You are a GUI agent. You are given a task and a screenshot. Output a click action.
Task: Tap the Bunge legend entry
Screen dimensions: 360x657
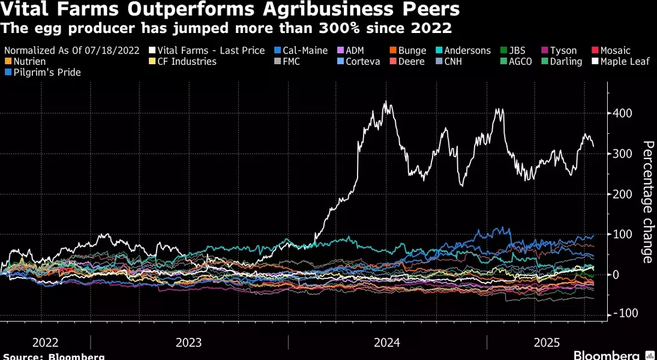click(x=411, y=50)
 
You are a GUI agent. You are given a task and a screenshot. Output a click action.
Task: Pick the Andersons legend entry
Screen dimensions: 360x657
click(x=467, y=50)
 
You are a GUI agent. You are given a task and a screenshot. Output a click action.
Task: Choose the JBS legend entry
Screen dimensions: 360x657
click(x=517, y=50)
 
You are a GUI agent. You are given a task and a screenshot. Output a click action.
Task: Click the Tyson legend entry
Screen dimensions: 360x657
click(x=563, y=50)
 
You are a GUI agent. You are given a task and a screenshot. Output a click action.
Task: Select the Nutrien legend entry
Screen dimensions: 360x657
click(x=28, y=61)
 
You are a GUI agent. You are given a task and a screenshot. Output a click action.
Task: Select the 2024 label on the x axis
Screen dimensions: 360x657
click(x=386, y=343)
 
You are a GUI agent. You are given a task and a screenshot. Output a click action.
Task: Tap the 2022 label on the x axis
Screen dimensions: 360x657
click(x=45, y=343)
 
